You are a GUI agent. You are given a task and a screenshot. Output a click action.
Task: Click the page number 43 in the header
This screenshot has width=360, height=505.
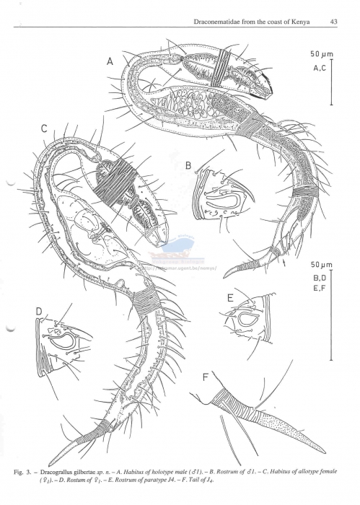pyautogui.click(x=334, y=22)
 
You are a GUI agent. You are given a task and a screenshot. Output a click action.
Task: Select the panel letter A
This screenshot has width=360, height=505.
pyautogui.click(x=110, y=63)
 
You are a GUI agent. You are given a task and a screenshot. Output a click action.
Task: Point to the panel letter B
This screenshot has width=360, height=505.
pyautogui.click(x=188, y=165)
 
